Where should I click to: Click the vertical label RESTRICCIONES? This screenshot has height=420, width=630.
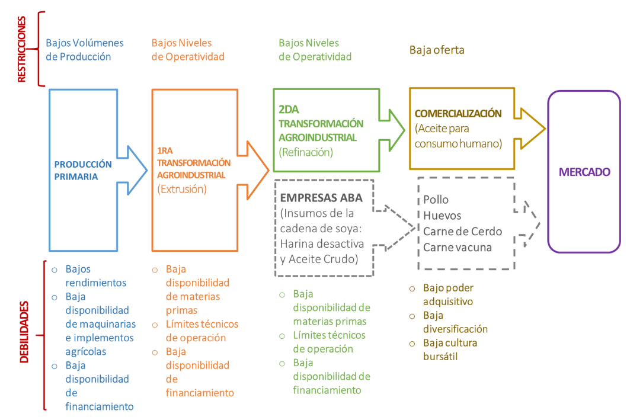click(22, 49)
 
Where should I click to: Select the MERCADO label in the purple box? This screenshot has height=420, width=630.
click(584, 172)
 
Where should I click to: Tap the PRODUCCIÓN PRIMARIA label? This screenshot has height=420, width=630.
click(83, 170)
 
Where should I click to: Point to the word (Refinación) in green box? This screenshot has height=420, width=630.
click(306, 152)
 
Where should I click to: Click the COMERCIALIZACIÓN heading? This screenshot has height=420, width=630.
click(458, 113)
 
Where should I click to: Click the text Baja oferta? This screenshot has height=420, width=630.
click(437, 50)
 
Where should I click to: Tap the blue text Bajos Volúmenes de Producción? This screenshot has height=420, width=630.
click(85, 50)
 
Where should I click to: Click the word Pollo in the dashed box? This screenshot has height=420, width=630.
click(436, 200)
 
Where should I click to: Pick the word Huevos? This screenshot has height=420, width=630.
click(442, 216)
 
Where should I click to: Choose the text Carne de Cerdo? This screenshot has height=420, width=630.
click(462, 232)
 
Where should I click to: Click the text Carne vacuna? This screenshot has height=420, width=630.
click(458, 248)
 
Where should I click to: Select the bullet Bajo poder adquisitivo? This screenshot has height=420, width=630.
click(447, 294)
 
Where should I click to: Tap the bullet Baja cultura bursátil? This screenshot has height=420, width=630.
click(450, 350)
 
